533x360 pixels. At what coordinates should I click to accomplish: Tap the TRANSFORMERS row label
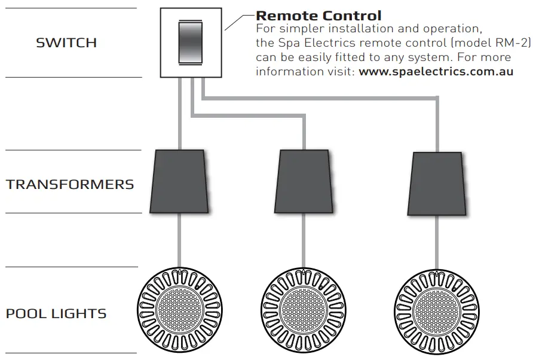point(70,184)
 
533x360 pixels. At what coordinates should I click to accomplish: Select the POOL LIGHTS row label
point(56,313)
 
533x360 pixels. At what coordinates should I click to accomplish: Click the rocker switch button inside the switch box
point(191,42)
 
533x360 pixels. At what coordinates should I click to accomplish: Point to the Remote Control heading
point(318,16)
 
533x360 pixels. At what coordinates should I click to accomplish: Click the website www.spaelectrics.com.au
point(436,72)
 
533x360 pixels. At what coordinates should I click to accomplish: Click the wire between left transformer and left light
point(179,239)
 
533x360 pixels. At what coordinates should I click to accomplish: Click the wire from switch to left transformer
point(180,114)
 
